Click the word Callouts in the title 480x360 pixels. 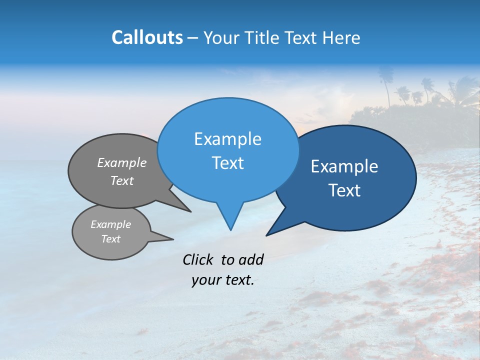tap(147, 37)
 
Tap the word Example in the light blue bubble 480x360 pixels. tap(227, 139)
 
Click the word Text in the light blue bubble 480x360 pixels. tap(227, 163)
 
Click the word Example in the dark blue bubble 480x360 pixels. tap(344, 166)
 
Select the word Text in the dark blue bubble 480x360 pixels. tap(344, 190)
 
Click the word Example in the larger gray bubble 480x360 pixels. tap(122, 162)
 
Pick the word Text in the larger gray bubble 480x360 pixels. tap(122, 180)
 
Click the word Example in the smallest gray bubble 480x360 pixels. tap(110, 224)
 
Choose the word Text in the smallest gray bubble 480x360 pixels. tap(110, 239)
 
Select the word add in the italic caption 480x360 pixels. tap(250, 259)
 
